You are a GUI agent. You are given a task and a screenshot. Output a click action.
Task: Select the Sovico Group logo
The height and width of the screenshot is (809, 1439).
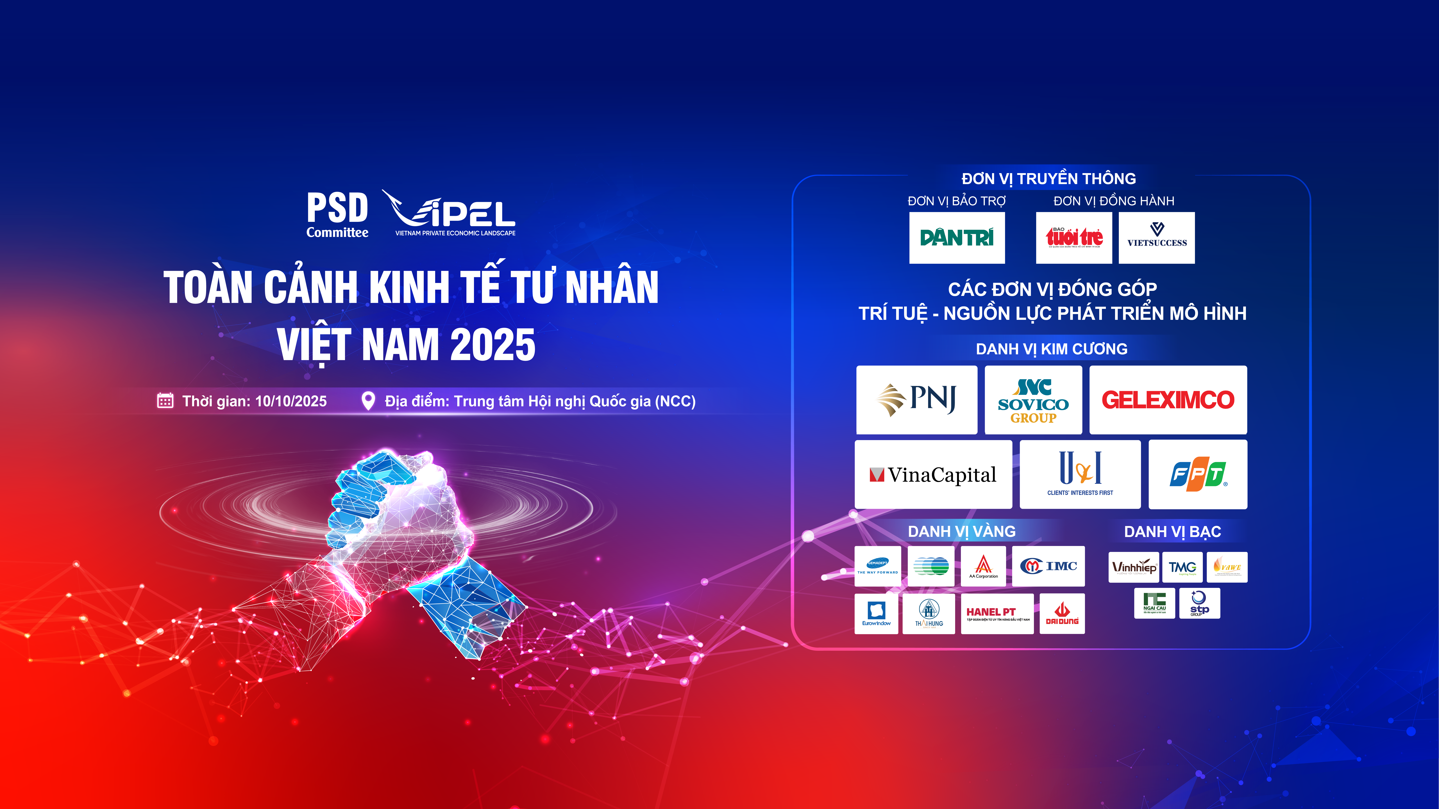[x=1033, y=400]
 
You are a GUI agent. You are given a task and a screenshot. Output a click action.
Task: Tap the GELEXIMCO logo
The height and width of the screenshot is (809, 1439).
[x=1168, y=400]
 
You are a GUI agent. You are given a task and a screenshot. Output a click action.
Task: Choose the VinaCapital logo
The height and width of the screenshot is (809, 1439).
[x=933, y=475]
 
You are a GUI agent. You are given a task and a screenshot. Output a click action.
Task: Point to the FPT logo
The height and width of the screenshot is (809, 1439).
[x=1198, y=475]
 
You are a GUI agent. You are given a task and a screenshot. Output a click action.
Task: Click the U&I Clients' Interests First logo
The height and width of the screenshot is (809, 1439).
[x=1080, y=475]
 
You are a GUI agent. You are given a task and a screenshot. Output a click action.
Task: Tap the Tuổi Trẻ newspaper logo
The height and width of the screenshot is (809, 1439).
[x=1074, y=238]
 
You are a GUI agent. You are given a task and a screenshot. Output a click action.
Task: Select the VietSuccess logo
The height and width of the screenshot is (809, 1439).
[x=1156, y=238]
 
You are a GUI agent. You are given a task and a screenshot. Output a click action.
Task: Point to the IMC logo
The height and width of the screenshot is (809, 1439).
[x=1048, y=566]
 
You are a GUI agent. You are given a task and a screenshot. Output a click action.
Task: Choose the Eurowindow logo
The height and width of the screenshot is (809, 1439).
[x=876, y=614]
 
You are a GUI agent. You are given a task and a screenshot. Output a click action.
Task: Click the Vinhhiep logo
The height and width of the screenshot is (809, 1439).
[x=1133, y=567]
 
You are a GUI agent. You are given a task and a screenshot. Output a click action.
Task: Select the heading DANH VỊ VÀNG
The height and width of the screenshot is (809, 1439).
[x=961, y=532]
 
